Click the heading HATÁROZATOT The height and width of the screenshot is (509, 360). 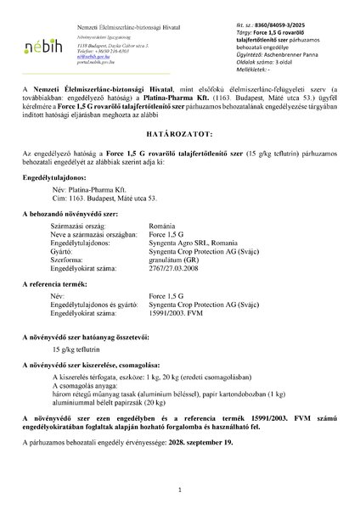[180, 133]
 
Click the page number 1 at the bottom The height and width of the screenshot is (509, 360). [180, 489]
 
